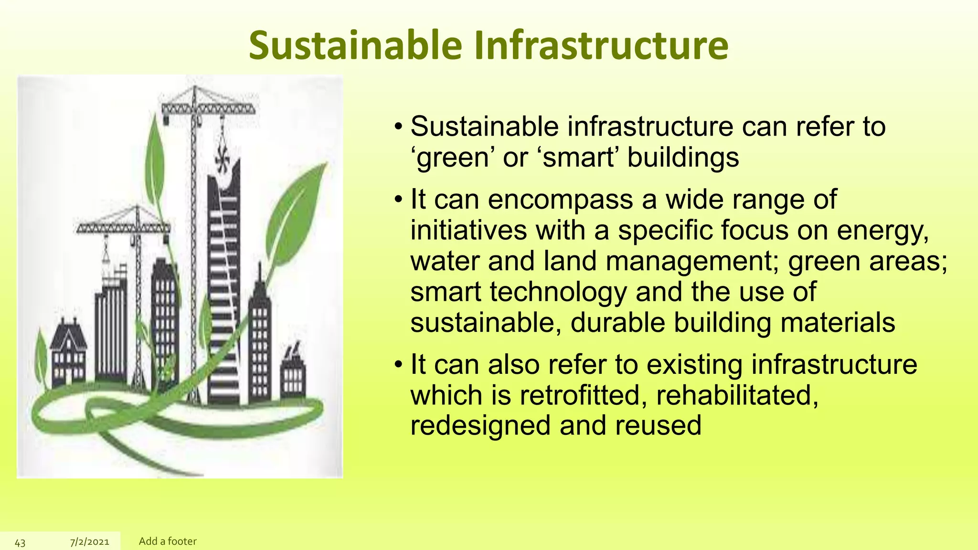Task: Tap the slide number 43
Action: click(20, 542)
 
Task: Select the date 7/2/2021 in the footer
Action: click(90, 542)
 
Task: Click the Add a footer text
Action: click(168, 541)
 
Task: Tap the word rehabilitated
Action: click(737, 396)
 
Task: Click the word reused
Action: click(658, 426)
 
